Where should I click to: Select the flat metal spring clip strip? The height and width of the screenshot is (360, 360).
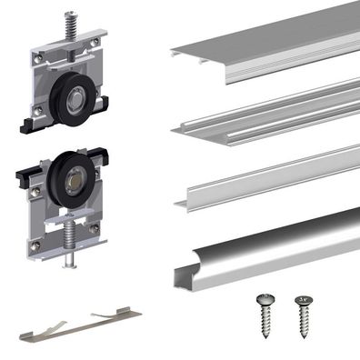click(82, 322)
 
